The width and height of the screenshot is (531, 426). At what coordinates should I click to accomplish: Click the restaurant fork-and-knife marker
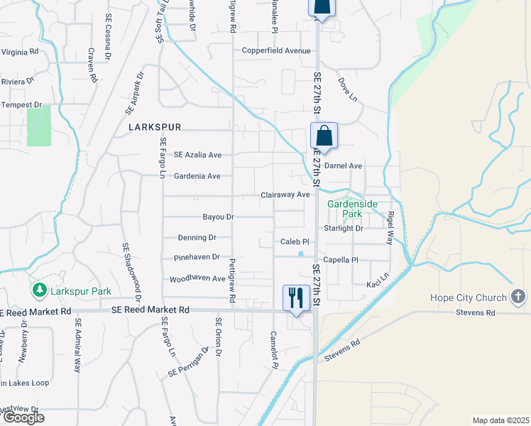pyautogui.click(x=295, y=297)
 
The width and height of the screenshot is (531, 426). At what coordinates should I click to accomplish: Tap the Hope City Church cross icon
pyautogui.click(x=519, y=297)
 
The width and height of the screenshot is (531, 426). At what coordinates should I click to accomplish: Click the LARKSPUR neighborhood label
pyautogui.click(x=155, y=127)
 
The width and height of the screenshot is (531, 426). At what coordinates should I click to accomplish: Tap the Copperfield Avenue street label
pyautogui.click(x=276, y=51)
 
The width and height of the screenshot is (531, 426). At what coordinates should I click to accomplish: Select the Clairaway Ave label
pyautogui.click(x=285, y=195)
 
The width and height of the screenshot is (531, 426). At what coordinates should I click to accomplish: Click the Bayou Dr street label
pyautogui.click(x=218, y=217)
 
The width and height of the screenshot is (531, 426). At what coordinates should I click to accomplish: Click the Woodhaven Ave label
pyautogui.click(x=197, y=279)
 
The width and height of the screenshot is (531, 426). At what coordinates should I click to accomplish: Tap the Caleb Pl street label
pyautogui.click(x=295, y=242)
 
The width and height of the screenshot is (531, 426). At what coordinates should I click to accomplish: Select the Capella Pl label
pyautogui.click(x=341, y=260)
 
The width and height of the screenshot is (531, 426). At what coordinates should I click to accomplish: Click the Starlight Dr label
pyautogui.click(x=344, y=229)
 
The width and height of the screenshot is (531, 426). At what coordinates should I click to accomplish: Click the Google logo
pyautogui.click(x=23, y=417)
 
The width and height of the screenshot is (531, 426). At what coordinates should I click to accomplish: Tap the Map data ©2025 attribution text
pyautogui.click(x=500, y=420)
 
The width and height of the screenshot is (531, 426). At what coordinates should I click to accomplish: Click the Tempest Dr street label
pyautogui.click(x=21, y=105)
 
